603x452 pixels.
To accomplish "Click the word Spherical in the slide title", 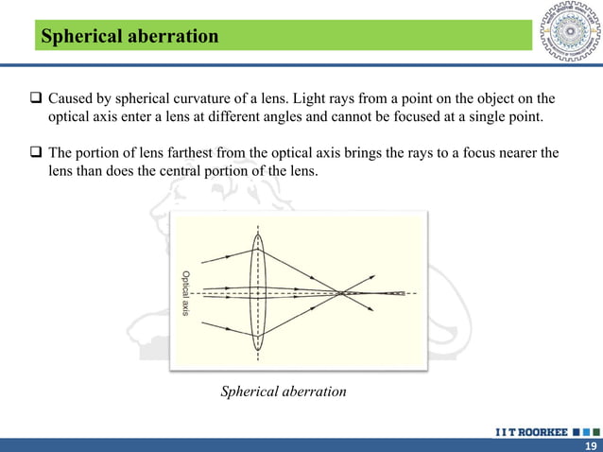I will (77, 36).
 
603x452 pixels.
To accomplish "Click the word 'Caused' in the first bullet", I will (71, 97).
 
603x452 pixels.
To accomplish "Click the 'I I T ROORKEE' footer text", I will (530, 431).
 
